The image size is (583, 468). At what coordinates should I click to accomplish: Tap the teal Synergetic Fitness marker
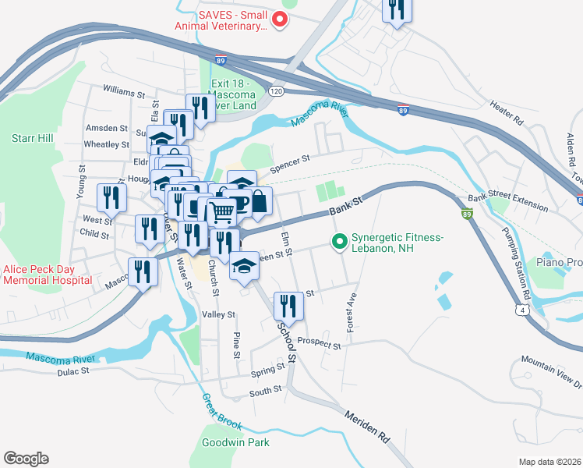(x=339, y=243)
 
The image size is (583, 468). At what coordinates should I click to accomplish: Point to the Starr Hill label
(x=32, y=138)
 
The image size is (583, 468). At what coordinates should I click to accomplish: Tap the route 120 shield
(x=275, y=91)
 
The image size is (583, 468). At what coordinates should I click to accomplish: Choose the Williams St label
(x=124, y=91)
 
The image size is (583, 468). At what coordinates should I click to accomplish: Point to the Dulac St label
(x=73, y=371)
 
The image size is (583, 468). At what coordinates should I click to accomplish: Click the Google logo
(x=26, y=458)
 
